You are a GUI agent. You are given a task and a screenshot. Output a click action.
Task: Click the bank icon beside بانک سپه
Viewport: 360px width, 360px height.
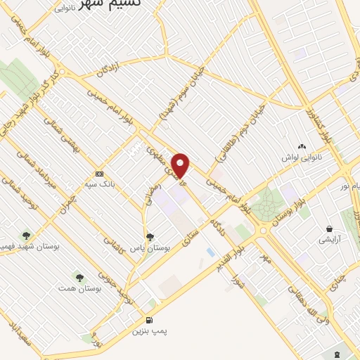pos(99,173)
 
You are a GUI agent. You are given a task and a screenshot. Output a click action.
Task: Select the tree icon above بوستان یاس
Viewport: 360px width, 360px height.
pos(149,237)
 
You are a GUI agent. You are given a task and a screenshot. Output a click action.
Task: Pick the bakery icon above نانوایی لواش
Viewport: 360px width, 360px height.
pos(302,146)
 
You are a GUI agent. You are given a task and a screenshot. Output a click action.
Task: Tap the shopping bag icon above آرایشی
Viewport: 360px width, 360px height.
pos(328,229)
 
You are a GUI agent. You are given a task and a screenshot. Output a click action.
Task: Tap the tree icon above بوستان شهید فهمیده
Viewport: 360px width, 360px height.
pos(26,236)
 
